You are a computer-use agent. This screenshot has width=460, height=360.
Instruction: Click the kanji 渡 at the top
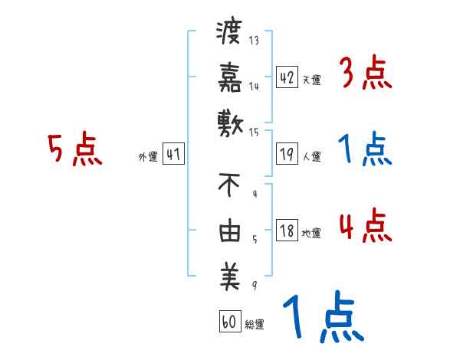[x=229, y=34]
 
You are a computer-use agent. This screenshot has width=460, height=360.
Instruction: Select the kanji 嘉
[x=229, y=77]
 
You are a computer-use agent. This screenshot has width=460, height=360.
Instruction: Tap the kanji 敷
[x=229, y=122]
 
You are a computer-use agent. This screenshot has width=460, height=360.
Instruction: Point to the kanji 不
[x=229, y=185]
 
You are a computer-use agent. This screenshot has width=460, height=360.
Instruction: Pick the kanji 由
[x=229, y=231]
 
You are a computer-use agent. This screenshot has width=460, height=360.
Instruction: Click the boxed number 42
[x=287, y=77]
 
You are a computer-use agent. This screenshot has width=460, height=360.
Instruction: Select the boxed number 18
[x=287, y=231]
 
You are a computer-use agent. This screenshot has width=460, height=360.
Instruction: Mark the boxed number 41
[x=173, y=155]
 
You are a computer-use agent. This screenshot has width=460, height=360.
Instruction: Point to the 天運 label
[x=311, y=80]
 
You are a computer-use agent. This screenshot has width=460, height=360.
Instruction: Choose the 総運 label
[x=254, y=324]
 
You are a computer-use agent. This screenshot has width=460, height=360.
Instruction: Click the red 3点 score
[x=365, y=75]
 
